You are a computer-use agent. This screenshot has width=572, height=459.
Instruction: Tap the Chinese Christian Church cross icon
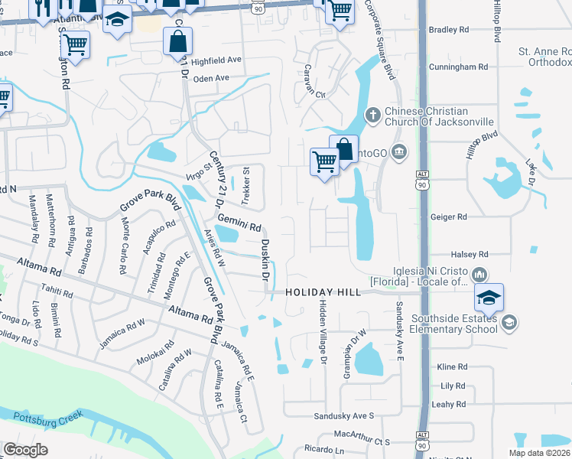[372, 115]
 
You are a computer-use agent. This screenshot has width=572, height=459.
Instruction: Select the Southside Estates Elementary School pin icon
[509, 324]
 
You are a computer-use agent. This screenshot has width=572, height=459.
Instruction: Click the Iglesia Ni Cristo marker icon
[479, 274]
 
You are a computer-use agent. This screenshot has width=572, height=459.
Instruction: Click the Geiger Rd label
[470, 217]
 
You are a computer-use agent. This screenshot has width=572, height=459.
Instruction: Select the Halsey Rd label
[470, 254]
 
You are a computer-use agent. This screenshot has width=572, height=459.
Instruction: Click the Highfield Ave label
[216, 60]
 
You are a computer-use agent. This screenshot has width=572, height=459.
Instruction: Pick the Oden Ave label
[211, 78]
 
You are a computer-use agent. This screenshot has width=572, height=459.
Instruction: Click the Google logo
[26, 449]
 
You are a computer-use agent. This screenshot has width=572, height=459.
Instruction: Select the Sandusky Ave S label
[344, 415]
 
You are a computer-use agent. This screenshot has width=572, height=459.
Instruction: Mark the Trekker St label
[246, 187]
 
